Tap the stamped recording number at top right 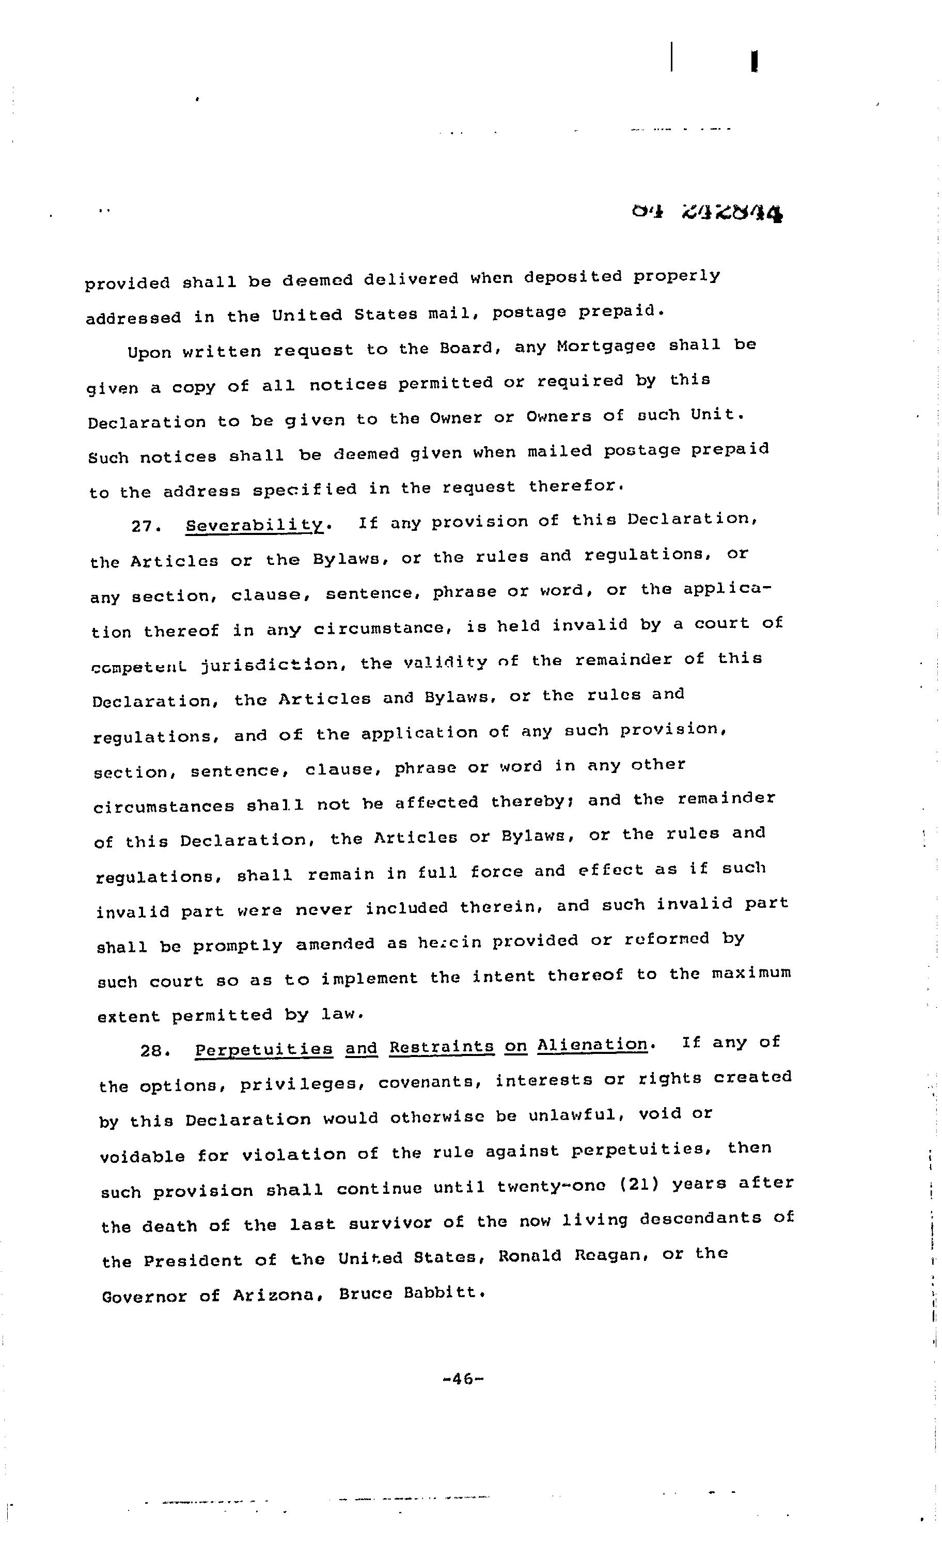point(708,214)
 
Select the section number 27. point(146,526)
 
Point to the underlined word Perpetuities point(263,1049)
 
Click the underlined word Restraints point(442,1047)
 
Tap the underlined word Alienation point(592,1045)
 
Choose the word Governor point(144,1296)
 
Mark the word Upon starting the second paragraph point(149,352)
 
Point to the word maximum point(751,974)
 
